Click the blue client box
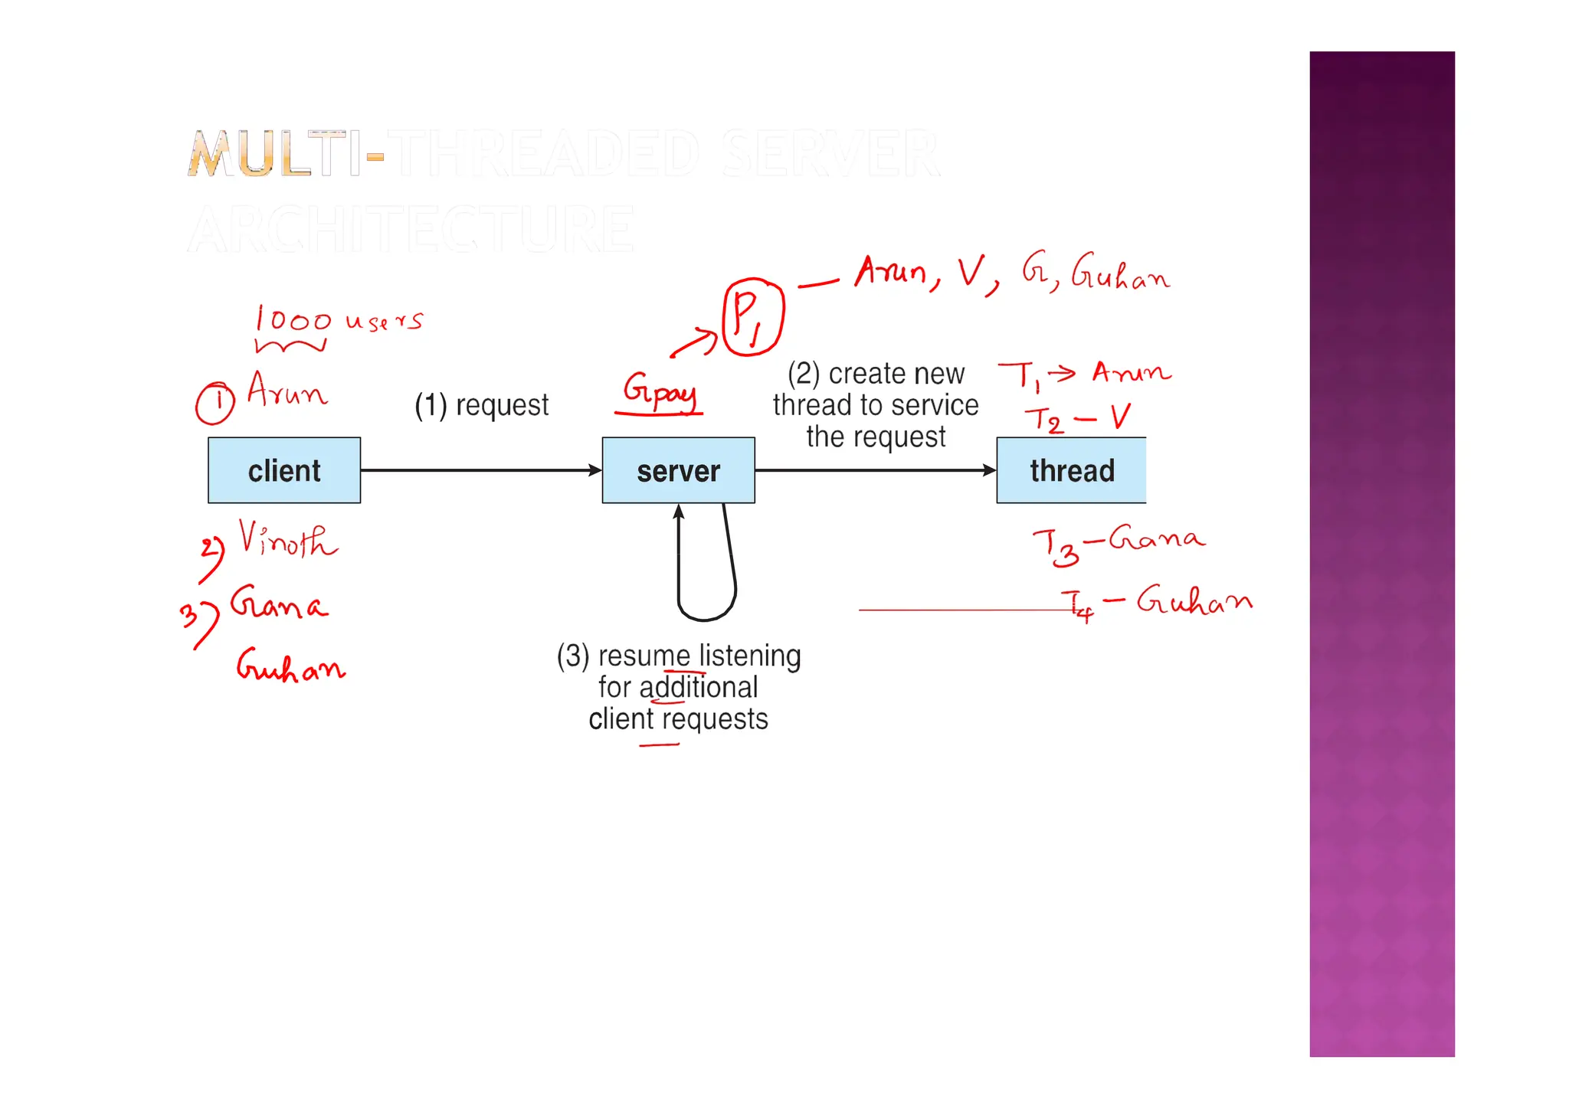click(x=284, y=470)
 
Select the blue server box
click(x=678, y=470)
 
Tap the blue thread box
click(x=1071, y=470)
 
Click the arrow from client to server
click(x=481, y=470)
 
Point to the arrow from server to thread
click(x=875, y=470)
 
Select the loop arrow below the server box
click(x=706, y=582)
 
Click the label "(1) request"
click(x=482, y=405)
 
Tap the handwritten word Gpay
click(x=660, y=391)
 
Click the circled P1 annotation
click(x=752, y=317)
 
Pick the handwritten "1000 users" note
click(x=338, y=320)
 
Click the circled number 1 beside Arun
click(x=215, y=403)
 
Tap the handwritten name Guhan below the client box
click(x=290, y=666)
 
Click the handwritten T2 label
click(x=1044, y=420)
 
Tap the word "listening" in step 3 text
click(x=749, y=656)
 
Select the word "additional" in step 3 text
click(x=698, y=687)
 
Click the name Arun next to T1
click(x=1131, y=373)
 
